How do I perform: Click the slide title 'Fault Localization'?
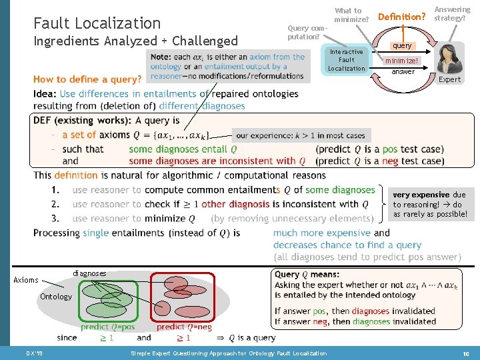[97, 23]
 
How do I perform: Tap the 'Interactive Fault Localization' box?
[346, 60]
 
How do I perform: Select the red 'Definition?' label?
[401, 16]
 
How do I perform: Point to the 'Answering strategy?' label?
[451, 14]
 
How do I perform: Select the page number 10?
[464, 353]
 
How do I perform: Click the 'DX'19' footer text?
[34, 353]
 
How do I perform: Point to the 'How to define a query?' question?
[87, 79]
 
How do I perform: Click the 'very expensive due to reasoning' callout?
[430, 205]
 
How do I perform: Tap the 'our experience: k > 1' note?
[301, 135]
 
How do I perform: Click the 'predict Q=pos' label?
[107, 327]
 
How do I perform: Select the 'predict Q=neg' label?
[184, 327]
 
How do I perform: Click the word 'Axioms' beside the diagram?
[26, 280]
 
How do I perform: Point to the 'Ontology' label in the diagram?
[55, 296]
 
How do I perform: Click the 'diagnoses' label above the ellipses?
[88, 273]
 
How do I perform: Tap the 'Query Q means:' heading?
[307, 274]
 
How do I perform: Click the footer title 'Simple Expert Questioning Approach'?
[229, 353]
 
